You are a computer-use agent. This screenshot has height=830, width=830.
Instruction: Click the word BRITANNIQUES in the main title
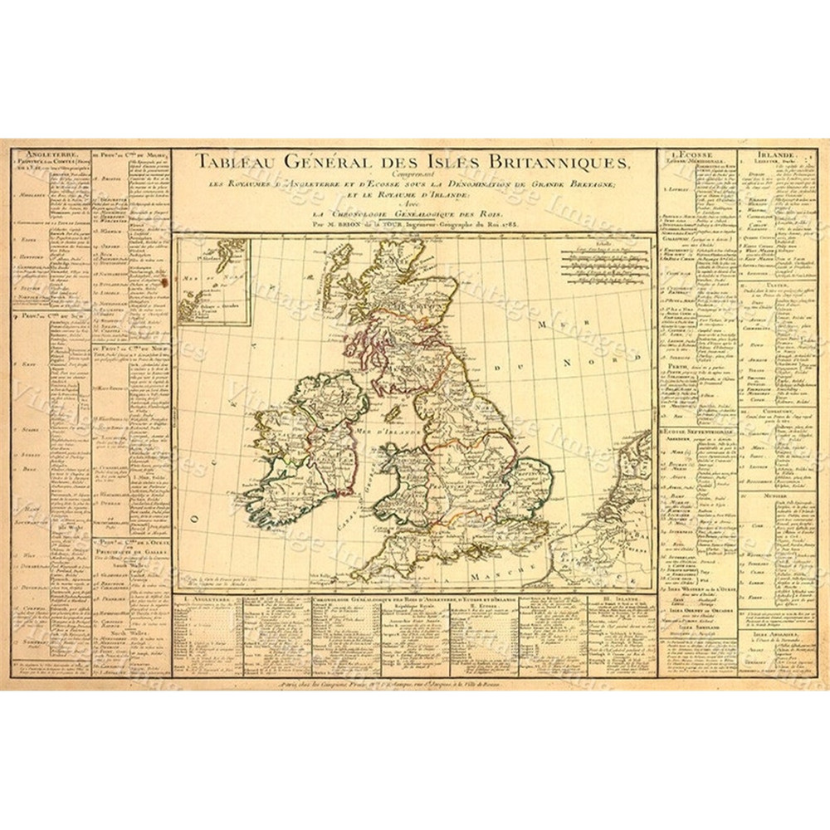558,162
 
